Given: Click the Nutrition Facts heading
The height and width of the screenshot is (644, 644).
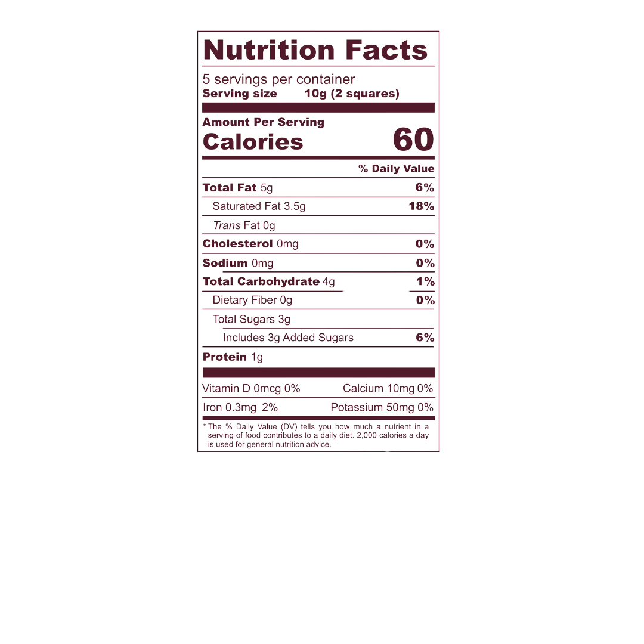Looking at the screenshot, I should tap(315, 51).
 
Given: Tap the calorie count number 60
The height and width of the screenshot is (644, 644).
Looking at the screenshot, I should tap(413, 140).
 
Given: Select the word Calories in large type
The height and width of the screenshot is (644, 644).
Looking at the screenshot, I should tap(253, 143).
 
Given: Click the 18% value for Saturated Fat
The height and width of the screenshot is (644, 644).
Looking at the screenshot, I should tap(422, 206).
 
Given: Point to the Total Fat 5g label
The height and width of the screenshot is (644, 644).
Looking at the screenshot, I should tap(237, 188).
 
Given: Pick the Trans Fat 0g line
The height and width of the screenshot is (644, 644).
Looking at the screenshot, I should tap(244, 225).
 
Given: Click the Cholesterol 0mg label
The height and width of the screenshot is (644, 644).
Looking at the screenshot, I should tap(250, 244).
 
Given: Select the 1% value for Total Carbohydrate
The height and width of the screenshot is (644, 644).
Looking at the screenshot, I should tap(425, 281).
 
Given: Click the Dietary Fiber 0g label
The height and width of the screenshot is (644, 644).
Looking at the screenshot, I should tap(252, 300).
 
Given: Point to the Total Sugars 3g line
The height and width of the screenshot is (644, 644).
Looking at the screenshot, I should tap(252, 319).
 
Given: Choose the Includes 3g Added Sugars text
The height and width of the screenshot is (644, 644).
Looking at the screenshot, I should tap(288, 338).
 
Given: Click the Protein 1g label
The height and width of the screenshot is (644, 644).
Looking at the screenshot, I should tap(233, 357).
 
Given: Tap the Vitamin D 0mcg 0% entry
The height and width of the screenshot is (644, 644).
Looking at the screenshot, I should tap(251, 389).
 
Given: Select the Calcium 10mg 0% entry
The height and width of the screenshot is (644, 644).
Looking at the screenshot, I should tap(388, 389).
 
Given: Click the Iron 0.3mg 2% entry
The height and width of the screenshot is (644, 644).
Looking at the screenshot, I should tap(240, 408).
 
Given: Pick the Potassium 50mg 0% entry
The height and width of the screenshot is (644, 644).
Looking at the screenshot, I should tap(382, 408).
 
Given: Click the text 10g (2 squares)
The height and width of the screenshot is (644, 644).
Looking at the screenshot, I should tap(351, 94).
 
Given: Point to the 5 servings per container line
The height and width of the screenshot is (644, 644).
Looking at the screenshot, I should tap(279, 79).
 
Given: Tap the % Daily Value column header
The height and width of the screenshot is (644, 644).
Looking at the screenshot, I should tap(396, 169).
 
